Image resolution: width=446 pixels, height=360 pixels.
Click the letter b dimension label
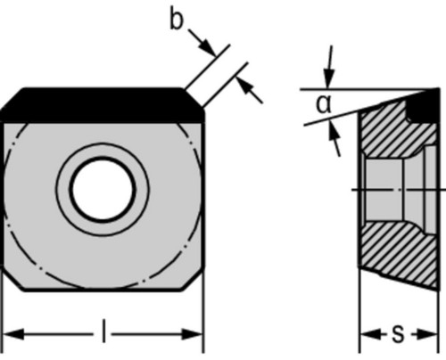pos(177,19)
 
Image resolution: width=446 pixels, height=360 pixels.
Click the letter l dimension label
pos(103,331)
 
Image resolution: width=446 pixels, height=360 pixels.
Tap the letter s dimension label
pos(399,333)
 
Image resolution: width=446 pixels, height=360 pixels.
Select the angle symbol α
pos(324,104)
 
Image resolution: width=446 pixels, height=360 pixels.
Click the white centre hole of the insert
pos(103,190)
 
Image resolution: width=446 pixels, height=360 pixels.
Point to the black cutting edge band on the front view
pos(103,105)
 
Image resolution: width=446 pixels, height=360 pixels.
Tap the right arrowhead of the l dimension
pos(193,334)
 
